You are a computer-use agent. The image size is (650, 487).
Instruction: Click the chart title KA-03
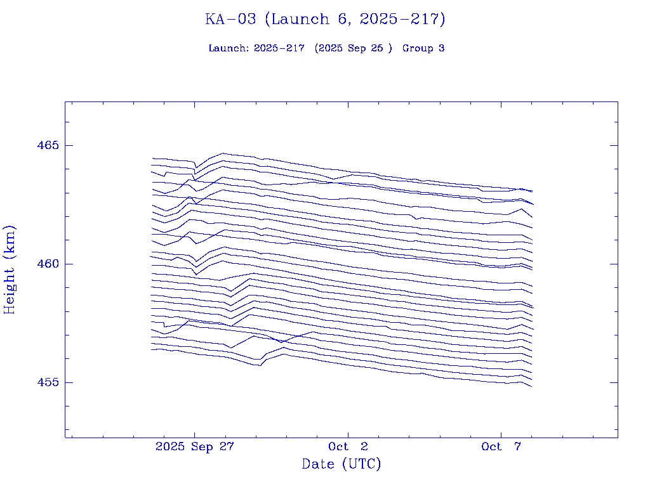230,20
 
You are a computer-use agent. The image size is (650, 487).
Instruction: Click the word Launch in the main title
295,20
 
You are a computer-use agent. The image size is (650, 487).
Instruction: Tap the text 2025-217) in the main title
402,20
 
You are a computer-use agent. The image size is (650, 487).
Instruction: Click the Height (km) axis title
10,269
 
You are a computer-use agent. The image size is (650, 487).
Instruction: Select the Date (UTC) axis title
342,464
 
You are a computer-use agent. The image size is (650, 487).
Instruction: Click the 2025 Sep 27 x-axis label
195,447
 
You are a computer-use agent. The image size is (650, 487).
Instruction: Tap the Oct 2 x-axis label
348,447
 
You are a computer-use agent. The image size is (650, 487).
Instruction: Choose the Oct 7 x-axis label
501,447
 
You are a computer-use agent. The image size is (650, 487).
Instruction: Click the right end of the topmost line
532,192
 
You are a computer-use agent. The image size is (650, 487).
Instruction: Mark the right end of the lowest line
531,386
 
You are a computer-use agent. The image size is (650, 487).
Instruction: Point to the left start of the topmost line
152,159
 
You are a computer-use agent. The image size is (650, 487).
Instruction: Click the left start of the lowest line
152,349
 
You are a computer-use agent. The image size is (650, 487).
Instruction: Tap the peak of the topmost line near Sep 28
223,153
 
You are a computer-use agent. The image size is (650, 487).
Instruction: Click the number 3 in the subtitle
441,49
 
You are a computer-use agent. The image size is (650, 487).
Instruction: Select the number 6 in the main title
343,20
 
